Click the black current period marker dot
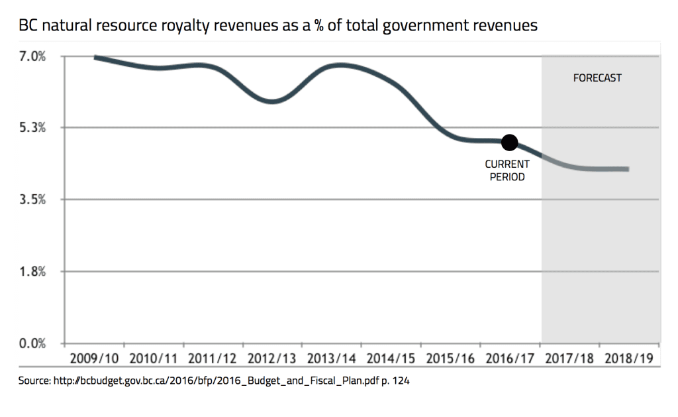(509, 142)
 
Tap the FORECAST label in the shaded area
(597, 78)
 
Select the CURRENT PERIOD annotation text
(507, 170)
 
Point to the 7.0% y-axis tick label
(31, 56)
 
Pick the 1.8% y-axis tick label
(31, 271)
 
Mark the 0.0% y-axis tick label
(31, 343)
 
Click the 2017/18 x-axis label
(571, 359)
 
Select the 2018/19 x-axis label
(630, 359)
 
